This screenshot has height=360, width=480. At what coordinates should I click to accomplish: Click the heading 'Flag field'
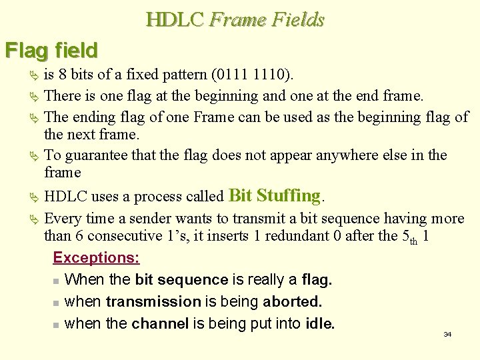pyautogui.click(x=51, y=50)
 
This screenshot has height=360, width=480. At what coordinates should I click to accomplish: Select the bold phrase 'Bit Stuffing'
pyautogui.click(x=274, y=196)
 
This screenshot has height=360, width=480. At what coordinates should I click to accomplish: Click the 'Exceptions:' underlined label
pyautogui.click(x=96, y=257)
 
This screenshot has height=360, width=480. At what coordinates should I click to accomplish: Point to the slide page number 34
pyautogui.click(x=447, y=334)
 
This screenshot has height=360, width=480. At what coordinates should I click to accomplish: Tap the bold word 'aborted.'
pyautogui.click(x=292, y=301)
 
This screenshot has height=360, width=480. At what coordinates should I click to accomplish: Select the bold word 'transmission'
pyautogui.click(x=153, y=301)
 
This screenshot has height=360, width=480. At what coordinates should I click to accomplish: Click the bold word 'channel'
pyautogui.click(x=160, y=324)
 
